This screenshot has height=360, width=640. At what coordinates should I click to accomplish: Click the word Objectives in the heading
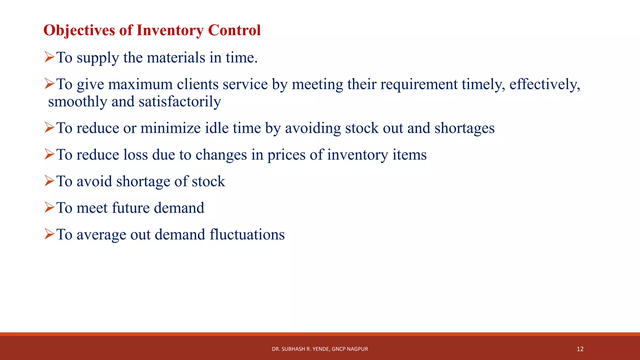point(79,31)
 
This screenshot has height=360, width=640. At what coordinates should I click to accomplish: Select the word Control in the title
point(234,31)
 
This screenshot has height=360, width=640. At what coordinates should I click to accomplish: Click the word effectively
point(545,84)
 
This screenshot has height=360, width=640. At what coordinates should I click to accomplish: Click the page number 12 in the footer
point(580,349)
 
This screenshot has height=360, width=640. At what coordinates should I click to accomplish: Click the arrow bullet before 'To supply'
point(49,57)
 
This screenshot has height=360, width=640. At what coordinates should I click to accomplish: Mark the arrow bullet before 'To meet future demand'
point(49,207)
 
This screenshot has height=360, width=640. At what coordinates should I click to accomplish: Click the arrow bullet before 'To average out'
point(49,234)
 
